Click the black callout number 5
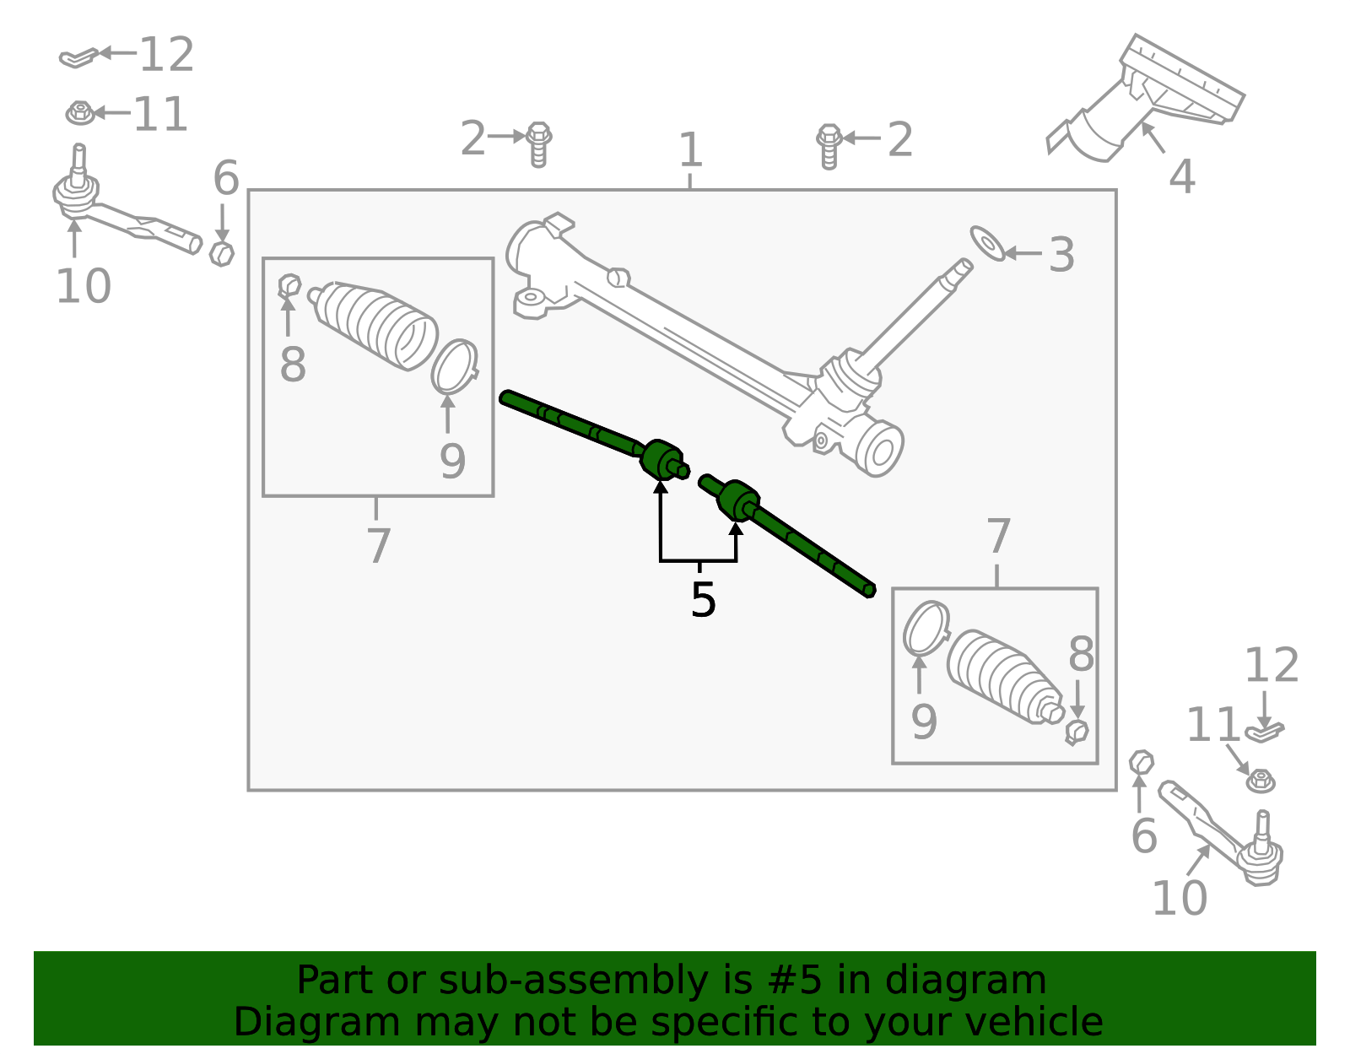coord(702,600)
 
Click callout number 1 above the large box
coord(690,150)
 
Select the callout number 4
coord(1181,177)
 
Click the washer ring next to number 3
coord(987,242)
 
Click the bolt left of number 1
coord(538,143)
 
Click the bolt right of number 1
coord(829,145)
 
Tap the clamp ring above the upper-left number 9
coord(455,366)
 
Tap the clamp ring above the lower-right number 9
coord(926,628)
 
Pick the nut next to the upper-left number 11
coord(79,112)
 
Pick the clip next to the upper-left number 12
coord(78,57)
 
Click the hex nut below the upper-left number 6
coord(221,253)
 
